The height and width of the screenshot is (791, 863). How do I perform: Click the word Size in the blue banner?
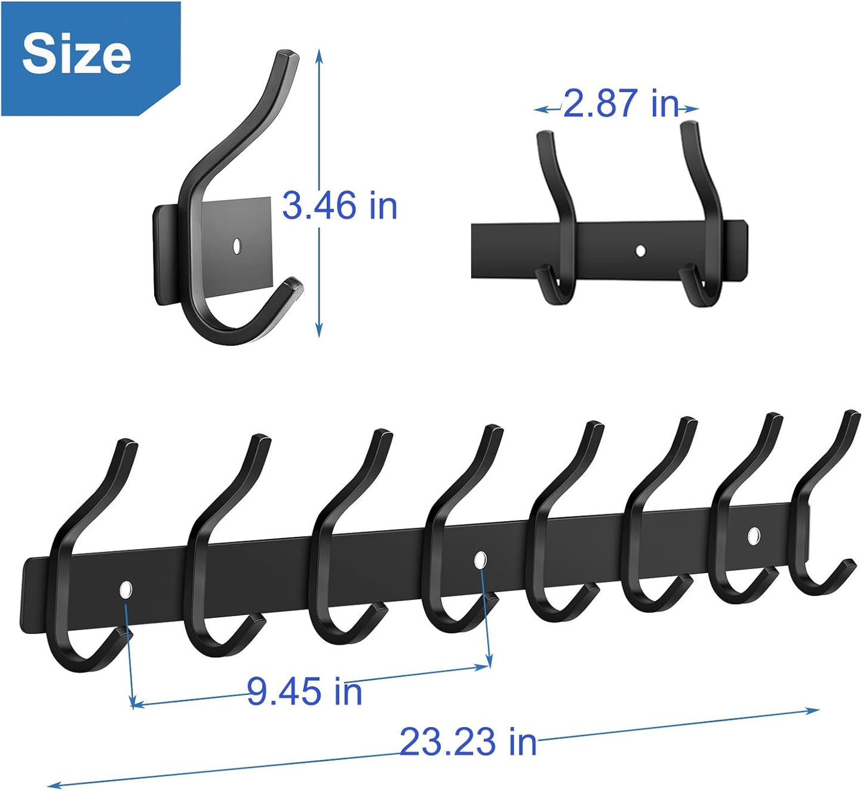click(76, 54)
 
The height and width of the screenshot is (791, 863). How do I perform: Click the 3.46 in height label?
click(339, 205)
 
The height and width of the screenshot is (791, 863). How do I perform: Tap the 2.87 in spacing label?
click(621, 103)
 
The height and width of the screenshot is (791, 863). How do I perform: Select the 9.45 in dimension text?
click(305, 691)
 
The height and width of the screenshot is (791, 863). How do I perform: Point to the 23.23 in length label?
click(468, 741)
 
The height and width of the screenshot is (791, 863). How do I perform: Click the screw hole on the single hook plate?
click(237, 245)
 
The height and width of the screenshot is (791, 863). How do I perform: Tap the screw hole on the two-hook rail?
click(641, 250)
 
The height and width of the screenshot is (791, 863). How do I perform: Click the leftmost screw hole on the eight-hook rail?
click(125, 590)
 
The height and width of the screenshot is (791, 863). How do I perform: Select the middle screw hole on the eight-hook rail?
click(480, 560)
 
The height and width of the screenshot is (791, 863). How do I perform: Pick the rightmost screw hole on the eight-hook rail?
click(754, 536)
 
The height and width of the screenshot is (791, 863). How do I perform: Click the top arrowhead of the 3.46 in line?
click(320, 54)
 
